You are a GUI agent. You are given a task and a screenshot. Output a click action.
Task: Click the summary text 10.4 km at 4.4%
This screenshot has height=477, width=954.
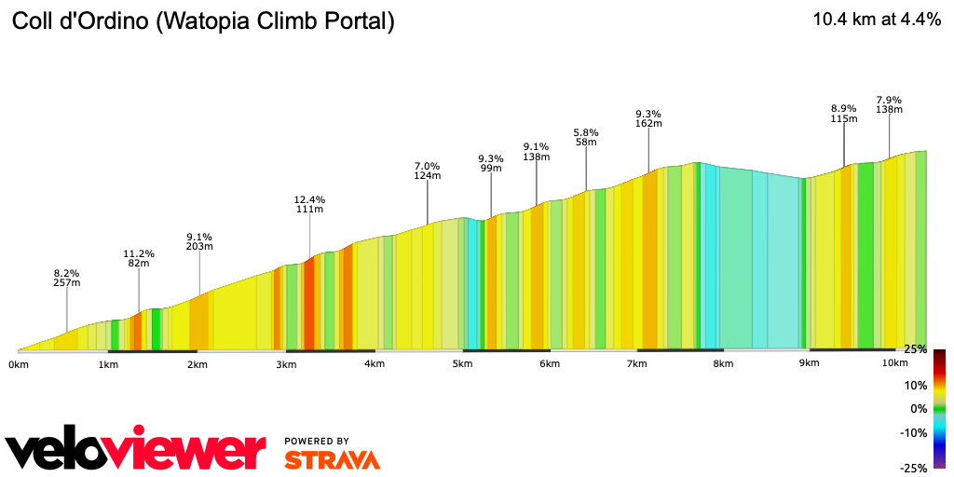(878, 20)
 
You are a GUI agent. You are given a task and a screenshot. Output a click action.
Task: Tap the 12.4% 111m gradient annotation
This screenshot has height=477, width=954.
(309, 204)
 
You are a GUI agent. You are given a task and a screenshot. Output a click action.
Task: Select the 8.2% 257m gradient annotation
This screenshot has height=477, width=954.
(67, 277)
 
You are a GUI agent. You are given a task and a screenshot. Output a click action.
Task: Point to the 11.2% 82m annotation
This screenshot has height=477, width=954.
(139, 258)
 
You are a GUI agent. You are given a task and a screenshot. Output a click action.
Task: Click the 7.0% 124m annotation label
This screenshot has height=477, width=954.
(427, 170)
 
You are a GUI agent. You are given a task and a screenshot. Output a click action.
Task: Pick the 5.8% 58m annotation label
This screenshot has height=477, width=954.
(586, 136)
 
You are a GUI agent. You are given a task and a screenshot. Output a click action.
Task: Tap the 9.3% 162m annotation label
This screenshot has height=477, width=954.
(648, 117)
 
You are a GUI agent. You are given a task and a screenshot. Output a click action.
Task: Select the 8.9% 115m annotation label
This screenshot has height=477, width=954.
(844, 113)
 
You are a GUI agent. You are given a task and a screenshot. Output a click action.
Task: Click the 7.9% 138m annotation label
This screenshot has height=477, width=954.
(889, 104)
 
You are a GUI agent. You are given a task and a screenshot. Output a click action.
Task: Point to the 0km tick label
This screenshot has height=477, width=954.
(19, 363)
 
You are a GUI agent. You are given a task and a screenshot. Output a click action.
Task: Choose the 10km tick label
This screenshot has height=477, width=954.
(894, 362)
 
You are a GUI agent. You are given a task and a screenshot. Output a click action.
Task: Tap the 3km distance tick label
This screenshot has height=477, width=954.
(286, 363)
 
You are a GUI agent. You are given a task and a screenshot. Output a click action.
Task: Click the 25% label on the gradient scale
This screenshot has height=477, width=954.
(915, 349)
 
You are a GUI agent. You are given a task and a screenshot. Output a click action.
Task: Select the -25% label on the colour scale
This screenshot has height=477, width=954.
(913, 468)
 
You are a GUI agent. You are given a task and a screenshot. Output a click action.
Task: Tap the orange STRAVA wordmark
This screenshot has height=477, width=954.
(332, 460)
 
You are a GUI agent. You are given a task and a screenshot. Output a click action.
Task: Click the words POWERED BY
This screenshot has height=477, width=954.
(317, 441)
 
